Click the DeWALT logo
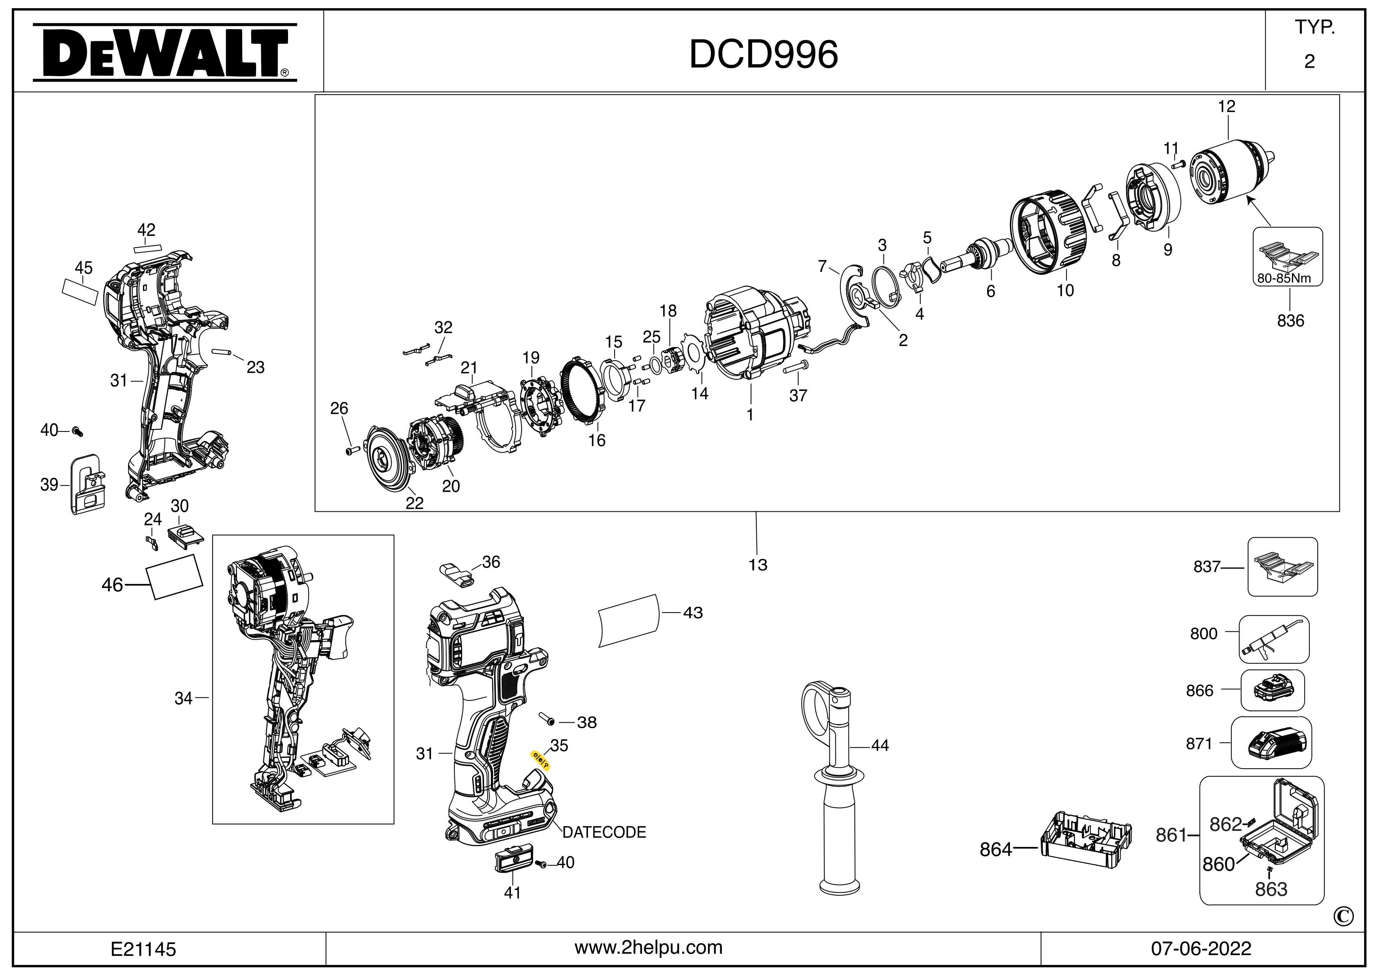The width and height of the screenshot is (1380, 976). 164,53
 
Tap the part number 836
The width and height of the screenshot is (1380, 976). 1290,321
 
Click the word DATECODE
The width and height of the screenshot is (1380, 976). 604,832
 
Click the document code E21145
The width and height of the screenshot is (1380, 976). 143,949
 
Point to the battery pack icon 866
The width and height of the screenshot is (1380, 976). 1272,690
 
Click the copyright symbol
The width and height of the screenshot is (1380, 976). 1344,917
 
